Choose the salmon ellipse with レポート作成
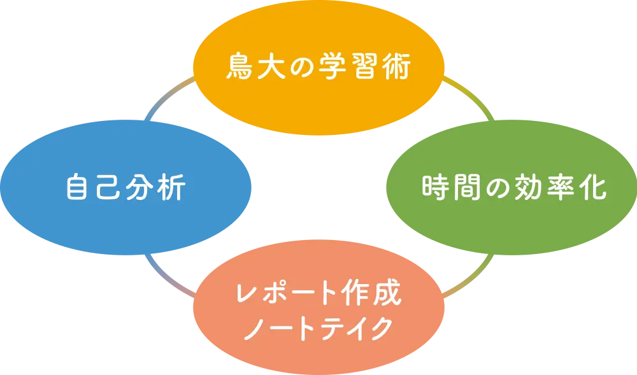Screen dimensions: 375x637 point(318,347)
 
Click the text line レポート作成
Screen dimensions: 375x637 point(318,294)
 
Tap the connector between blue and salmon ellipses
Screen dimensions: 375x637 point(167,276)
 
